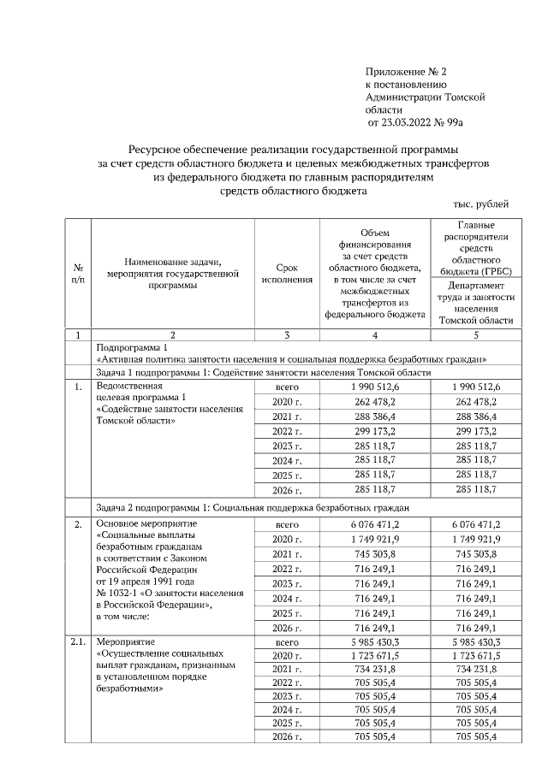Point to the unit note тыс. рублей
tap(480, 204)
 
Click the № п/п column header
tap(78, 274)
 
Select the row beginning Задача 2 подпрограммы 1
tap(257, 507)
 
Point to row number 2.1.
tap(78, 641)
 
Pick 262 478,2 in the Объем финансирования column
tap(374, 402)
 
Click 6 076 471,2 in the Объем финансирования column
tap(374, 523)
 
